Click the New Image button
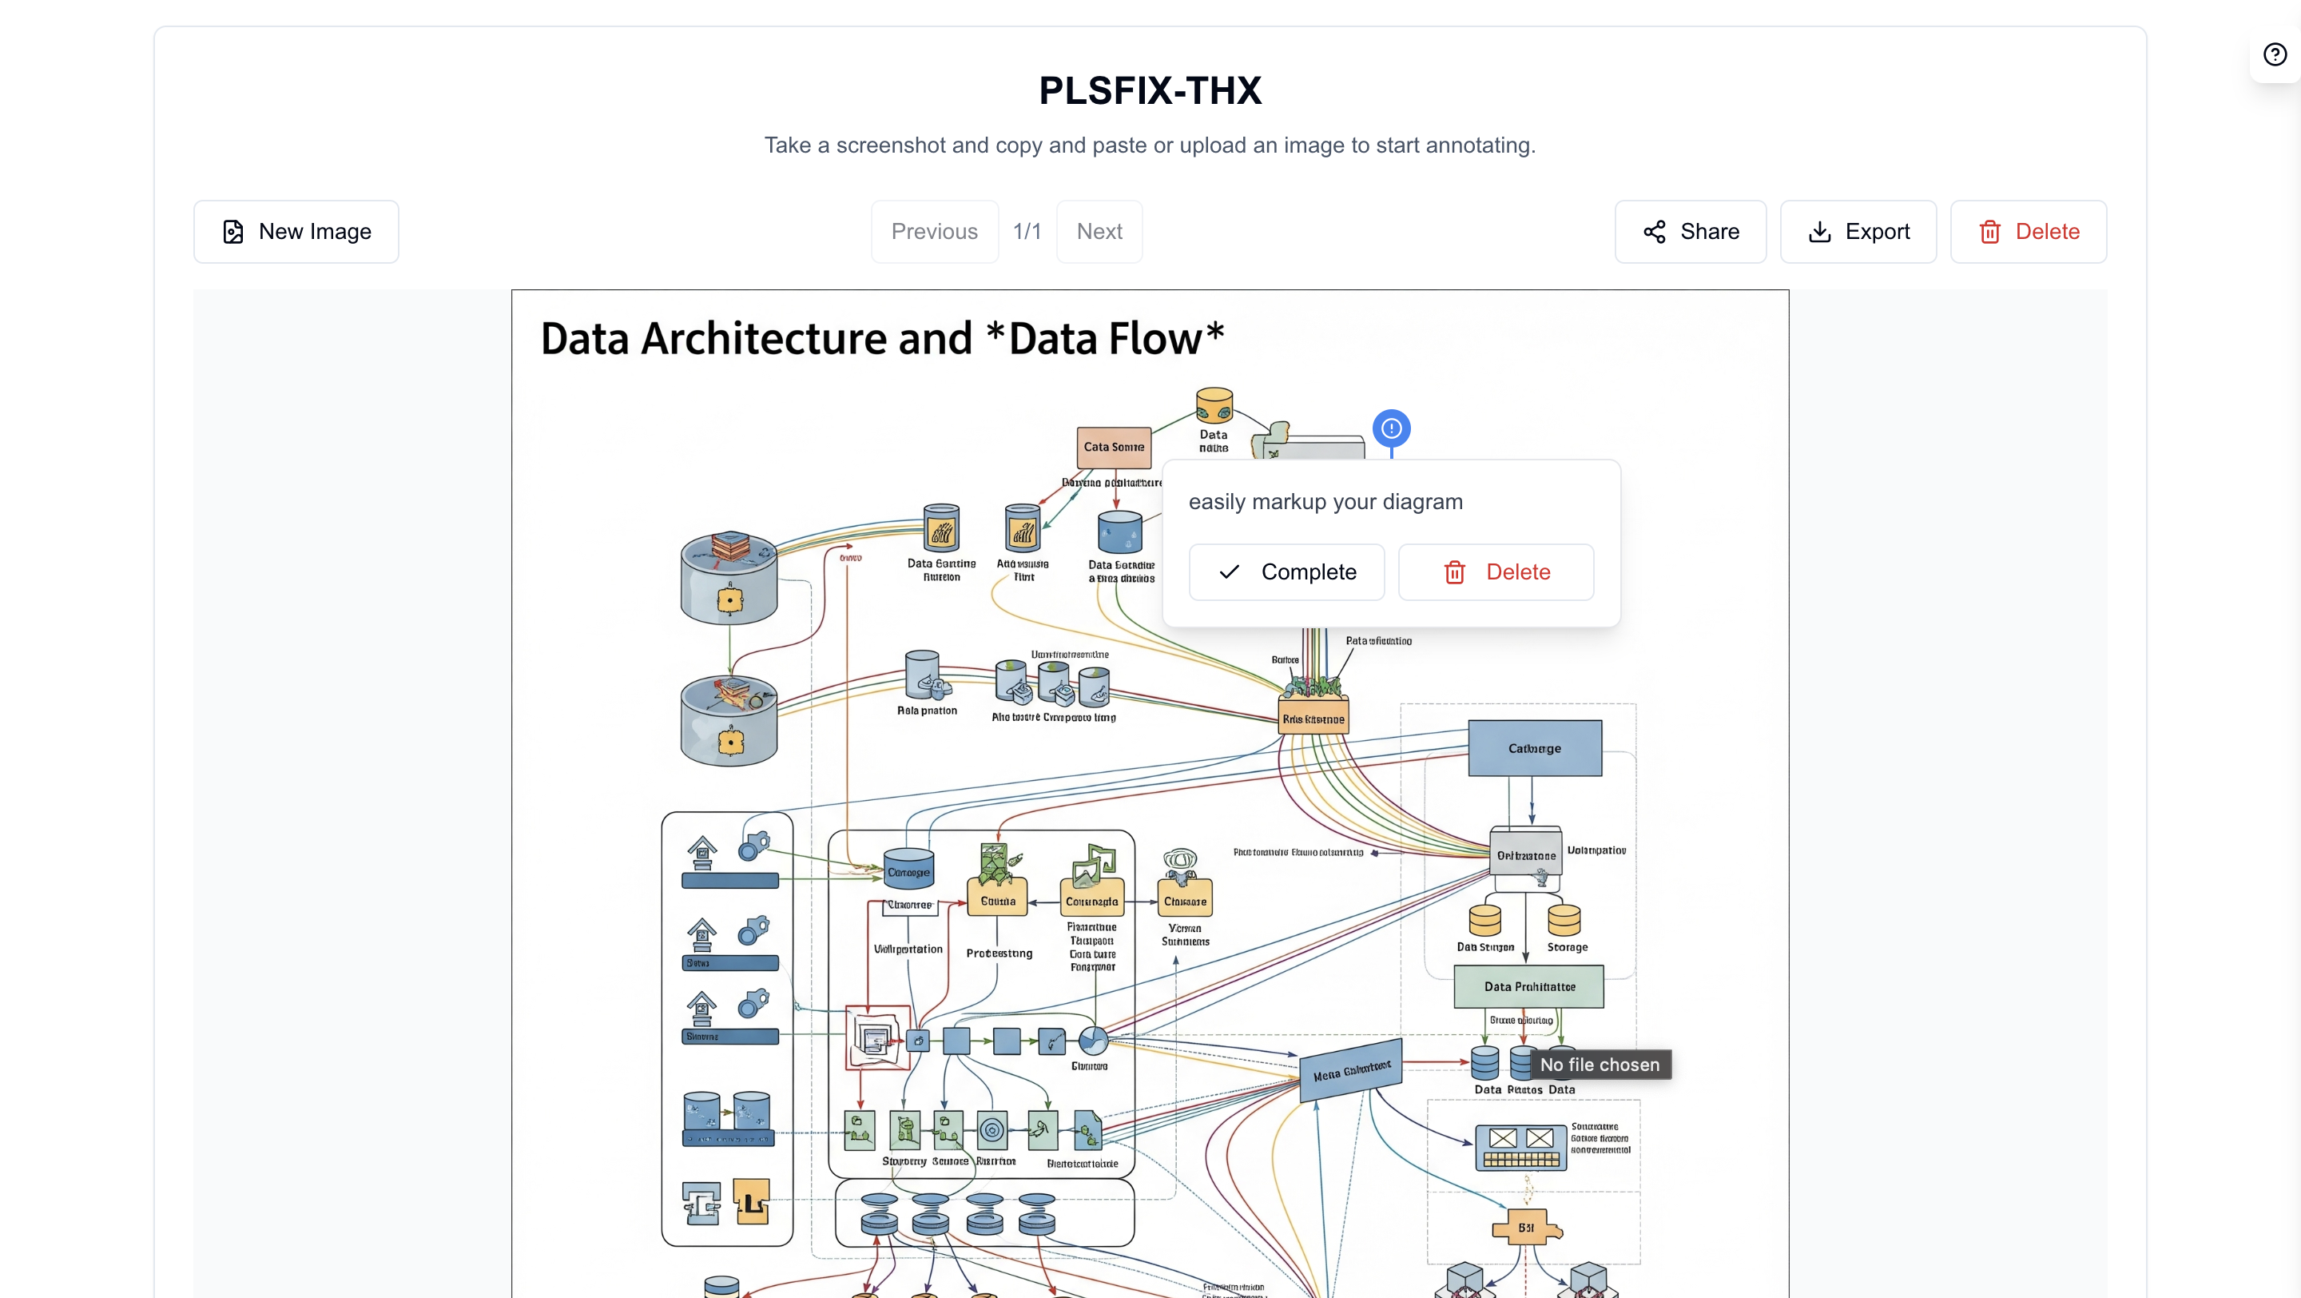pos(296,231)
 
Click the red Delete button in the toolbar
pos(2028,231)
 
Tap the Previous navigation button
pos(934,231)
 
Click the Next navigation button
pos(1099,231)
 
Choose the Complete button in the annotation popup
pos(1286,571)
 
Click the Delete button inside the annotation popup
pos(1496,571)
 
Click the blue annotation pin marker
pos(1391,428)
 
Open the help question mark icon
pos(2274,54)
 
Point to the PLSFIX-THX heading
pos(1150,90)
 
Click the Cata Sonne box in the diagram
pos(1113,447)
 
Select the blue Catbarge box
pos(1535,749)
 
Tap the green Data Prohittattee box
pos(1528,986)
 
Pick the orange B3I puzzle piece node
pos(1527,1228)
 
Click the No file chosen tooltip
pos(1599,1065)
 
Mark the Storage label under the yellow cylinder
pos(1567,947)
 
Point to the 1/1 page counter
pos(1027,231)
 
